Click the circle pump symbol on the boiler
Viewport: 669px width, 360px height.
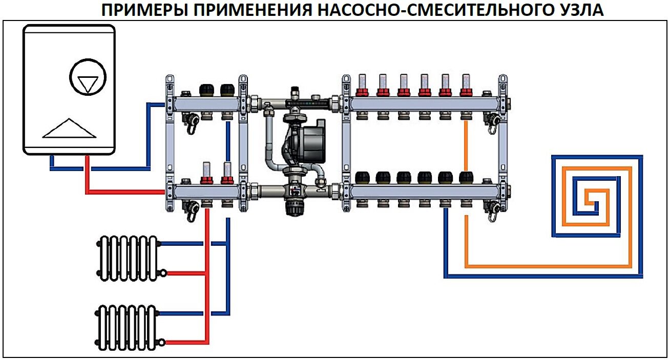point(87,78)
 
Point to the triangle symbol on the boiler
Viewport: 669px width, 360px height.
point(69,129)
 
